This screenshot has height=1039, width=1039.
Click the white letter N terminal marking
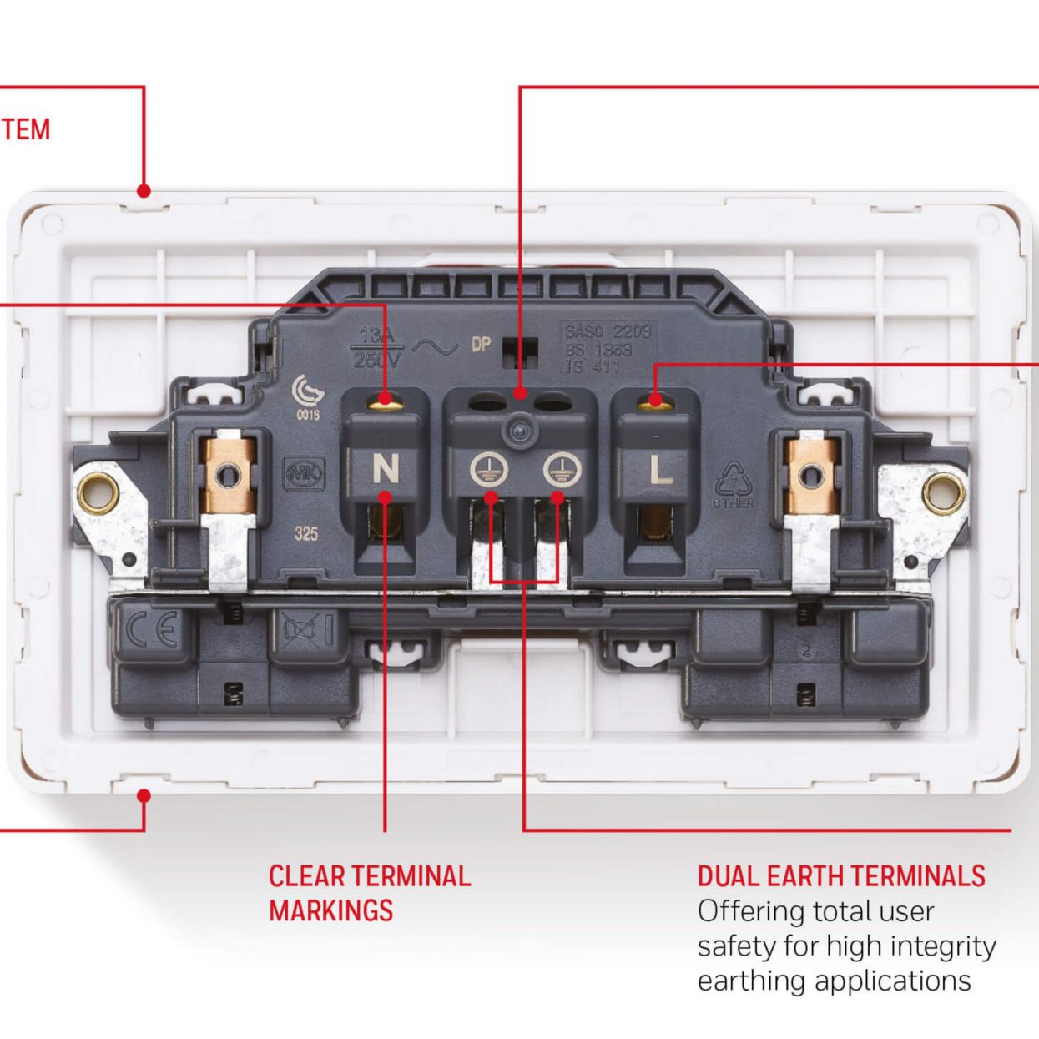[385, 469]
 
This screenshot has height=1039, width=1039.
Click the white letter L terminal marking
[660, 469]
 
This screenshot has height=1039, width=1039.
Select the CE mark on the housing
[152, 629]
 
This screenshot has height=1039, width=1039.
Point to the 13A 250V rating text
[378, 347]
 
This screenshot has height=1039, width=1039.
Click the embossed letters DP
[481, 345]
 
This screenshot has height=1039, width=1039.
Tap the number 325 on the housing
[305, 533]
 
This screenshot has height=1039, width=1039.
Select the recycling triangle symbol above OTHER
[733, 478]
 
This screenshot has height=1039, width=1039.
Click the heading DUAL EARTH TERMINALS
[841, 875]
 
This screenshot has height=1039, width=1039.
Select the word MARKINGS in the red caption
[330, 910]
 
